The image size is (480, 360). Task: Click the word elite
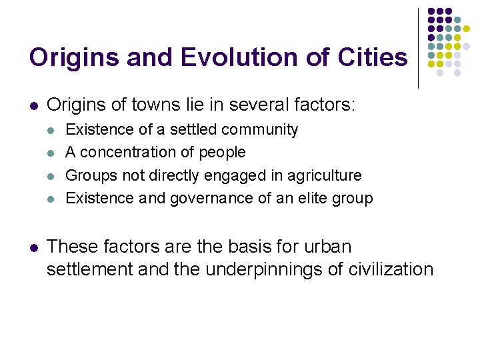(x=313, y=198)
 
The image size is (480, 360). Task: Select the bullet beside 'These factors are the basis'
(x=34, y=247)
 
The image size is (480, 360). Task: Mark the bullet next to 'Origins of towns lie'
(x=34, y=105)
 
